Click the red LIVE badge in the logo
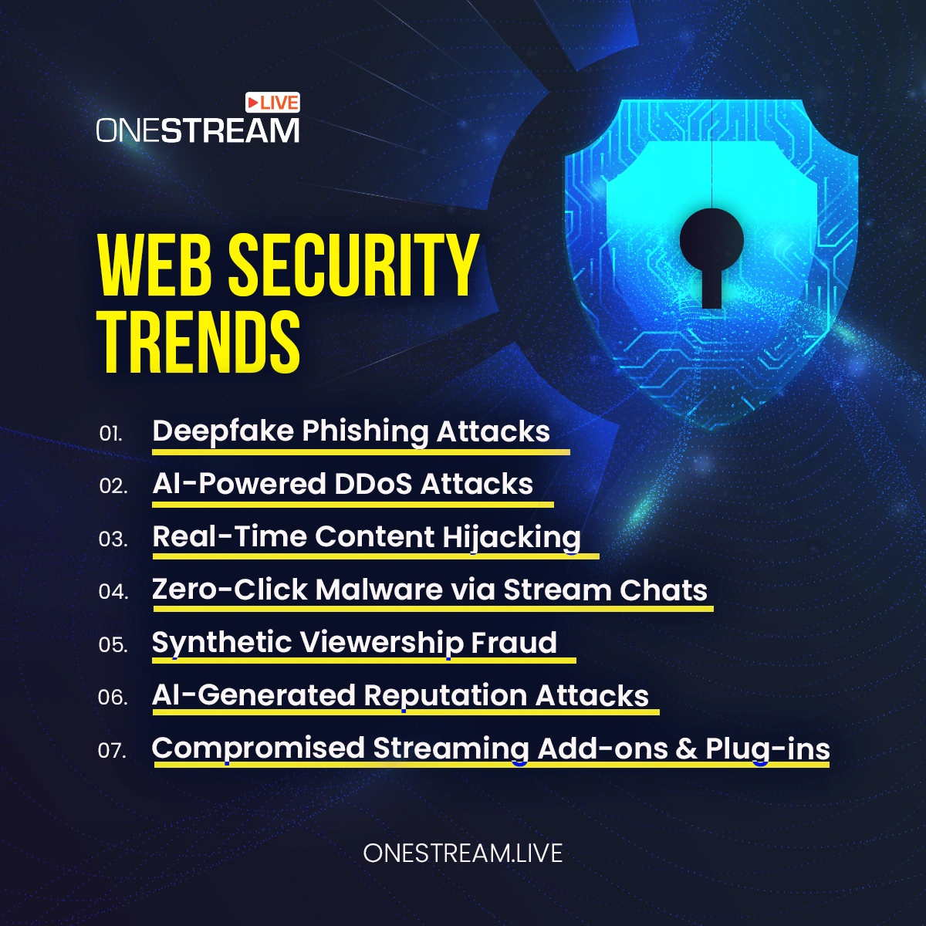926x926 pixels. tap(272, 103)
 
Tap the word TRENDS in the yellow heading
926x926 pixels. tap(199, 341)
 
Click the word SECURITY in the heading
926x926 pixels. tap(353, 265)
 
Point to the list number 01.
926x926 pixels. tap(110, 434)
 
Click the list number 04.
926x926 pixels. tap(113, 592)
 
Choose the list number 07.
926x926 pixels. tap(113, 750)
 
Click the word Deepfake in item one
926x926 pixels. tap(223, 431)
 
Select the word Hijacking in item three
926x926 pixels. tap(512, 538)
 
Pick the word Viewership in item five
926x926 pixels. tap(382, 644)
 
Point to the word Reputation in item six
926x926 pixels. tap(445, 696)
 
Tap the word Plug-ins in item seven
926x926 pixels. tap(767, 750)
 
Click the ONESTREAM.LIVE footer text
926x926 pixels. tap(463, 853)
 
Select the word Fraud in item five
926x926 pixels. tap(514, 642)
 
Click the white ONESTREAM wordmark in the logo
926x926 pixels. tap(198, 130)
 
